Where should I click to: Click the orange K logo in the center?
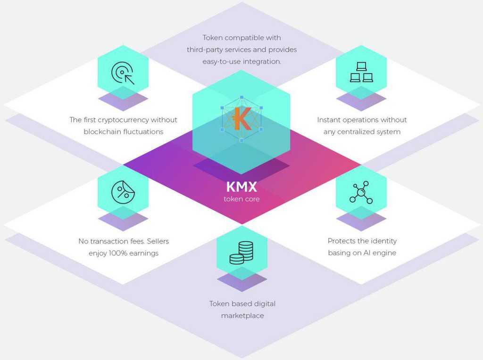tap(241, 118)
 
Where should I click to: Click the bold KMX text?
tap(241, 187)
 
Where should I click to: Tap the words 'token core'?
tap(241, 199)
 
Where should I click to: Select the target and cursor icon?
tap(123, 73)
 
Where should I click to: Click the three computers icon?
tap(361, 72)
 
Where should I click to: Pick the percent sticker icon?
tap(123, 192)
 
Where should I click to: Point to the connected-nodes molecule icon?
tap(361, 192)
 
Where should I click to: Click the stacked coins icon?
tap(241, 253)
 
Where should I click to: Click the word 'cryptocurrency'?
tap(123, 120)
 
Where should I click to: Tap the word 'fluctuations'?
tap(143, 131)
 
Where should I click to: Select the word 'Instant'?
tap(328, 120)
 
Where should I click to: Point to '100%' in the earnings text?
tap(118, 253)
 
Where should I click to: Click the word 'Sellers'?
tap(158, 241)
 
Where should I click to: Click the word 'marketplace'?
tap(242, 316)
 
